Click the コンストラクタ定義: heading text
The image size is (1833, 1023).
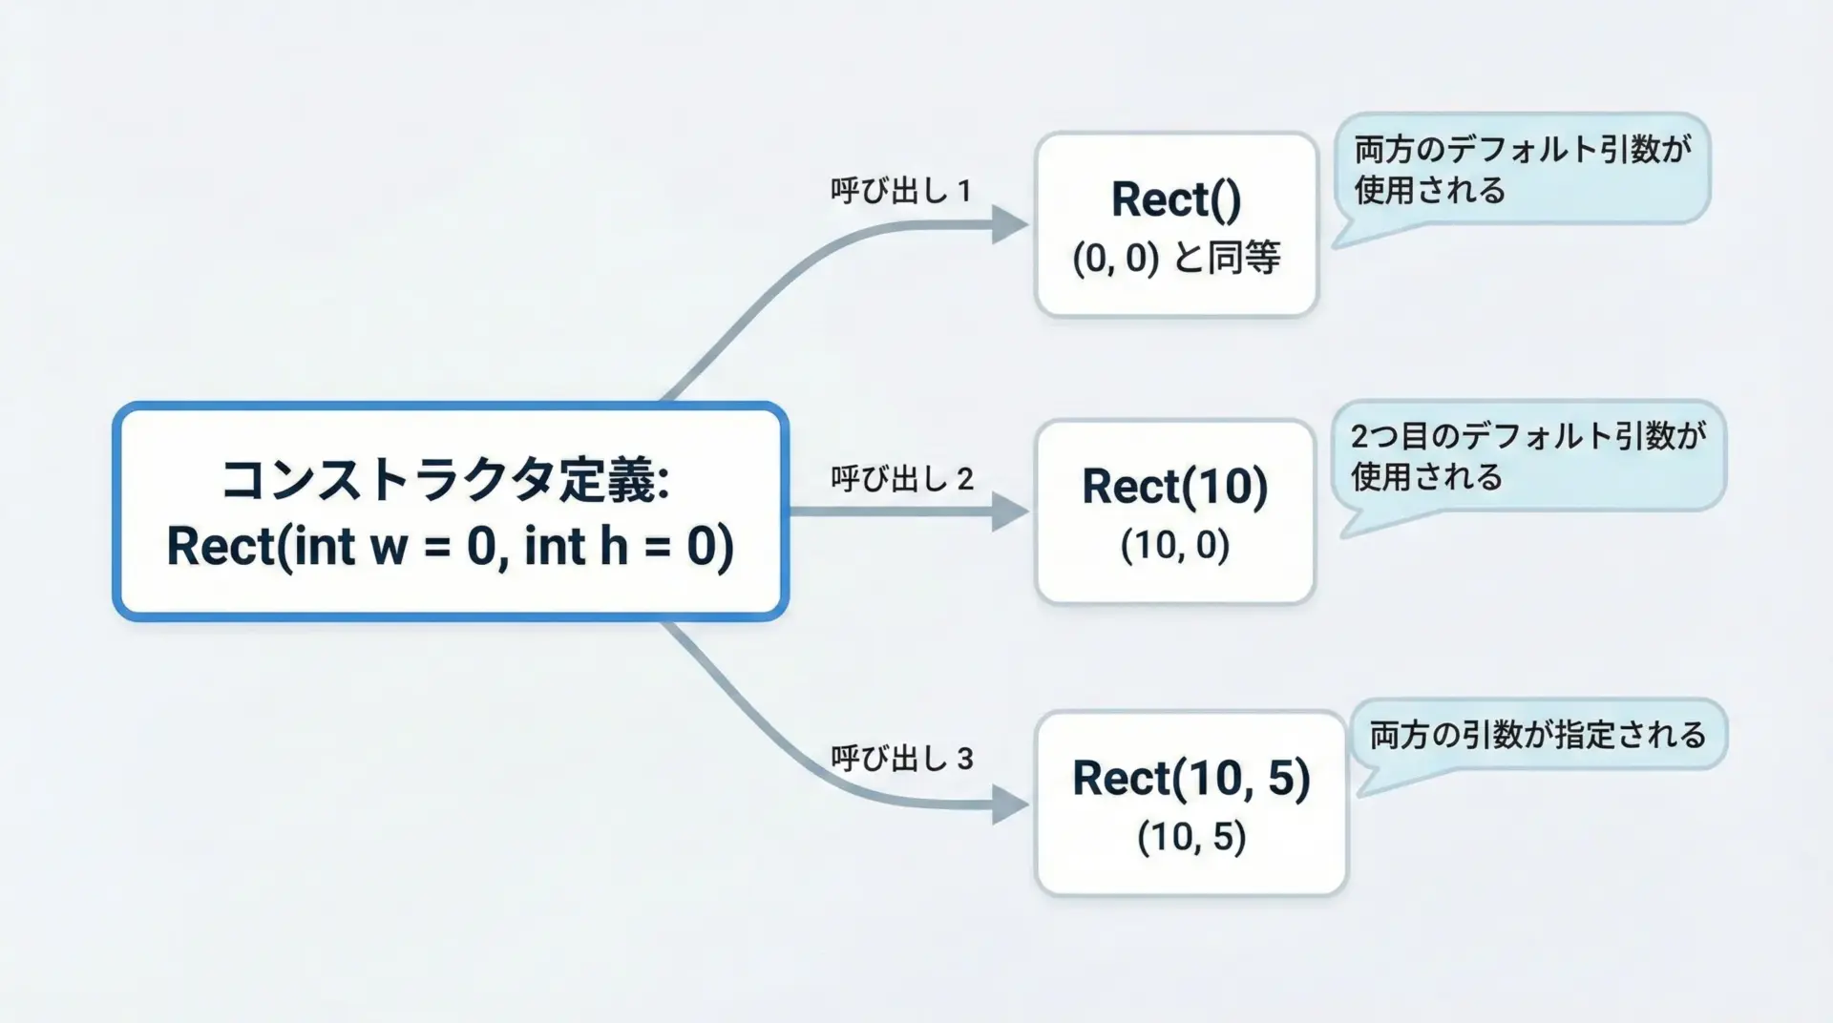click(x=445, y=480)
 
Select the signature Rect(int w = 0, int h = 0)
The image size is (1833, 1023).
click(x=451, y=547)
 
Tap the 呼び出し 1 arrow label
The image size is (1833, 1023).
click(x=901, y=190)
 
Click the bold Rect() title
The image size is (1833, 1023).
click(x=1176, y=200)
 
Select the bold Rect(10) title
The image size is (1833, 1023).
click(x=1175, y=487)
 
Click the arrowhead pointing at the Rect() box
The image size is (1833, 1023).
click(x=1010, y=225)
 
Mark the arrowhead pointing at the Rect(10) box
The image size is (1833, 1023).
click(x=1010, y=511)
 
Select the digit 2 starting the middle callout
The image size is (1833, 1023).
click(x=1360, y=436)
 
